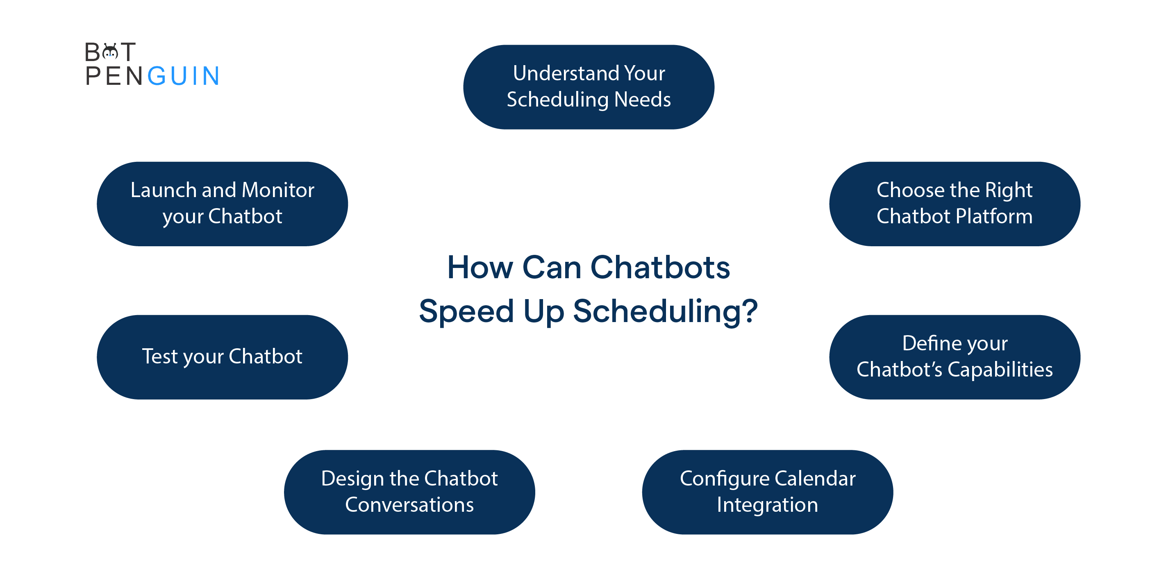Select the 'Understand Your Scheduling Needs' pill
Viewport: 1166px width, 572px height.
589,87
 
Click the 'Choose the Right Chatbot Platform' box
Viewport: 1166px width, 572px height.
955,204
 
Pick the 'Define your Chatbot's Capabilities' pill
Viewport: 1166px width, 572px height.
955,357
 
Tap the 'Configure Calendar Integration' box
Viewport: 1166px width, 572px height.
767,492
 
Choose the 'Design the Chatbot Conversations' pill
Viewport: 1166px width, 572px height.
409,492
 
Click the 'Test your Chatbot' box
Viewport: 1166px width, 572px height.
222,357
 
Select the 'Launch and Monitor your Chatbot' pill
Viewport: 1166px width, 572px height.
222,204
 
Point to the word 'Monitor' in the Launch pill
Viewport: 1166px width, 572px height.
278,190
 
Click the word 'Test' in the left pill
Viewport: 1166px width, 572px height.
160,356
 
